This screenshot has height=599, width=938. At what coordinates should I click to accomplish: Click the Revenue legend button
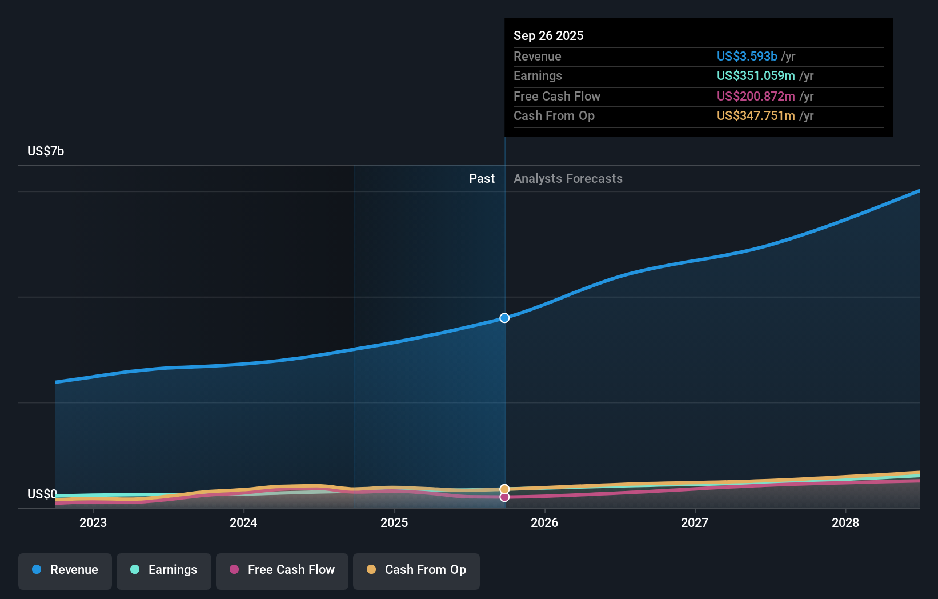65,570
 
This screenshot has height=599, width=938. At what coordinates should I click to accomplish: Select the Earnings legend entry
164,570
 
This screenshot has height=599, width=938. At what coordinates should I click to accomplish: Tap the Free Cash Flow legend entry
282,570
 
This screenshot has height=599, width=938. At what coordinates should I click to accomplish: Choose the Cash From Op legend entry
416,570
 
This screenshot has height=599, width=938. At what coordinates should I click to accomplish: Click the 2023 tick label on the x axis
93,523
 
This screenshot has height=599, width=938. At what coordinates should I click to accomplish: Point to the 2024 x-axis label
243,523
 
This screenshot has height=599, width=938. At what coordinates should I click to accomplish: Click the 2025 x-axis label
394,523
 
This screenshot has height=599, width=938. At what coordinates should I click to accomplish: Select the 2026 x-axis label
544,523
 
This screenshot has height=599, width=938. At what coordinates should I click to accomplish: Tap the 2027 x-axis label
695,523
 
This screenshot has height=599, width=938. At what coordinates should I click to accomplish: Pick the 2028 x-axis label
845,523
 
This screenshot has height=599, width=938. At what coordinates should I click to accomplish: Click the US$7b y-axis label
46,151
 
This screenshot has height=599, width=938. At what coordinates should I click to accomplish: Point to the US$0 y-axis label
42,494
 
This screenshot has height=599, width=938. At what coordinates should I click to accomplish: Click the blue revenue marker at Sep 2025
504,318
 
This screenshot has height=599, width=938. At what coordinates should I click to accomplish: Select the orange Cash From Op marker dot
504,489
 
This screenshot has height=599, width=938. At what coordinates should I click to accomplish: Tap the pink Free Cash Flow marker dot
504,497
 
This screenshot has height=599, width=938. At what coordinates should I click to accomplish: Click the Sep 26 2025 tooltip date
548,36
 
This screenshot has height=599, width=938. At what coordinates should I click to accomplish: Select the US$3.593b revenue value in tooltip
747,57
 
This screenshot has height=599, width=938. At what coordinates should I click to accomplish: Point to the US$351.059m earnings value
756,76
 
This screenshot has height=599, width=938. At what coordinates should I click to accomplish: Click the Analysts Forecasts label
568,179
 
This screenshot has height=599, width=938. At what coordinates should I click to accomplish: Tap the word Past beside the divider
482,179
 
